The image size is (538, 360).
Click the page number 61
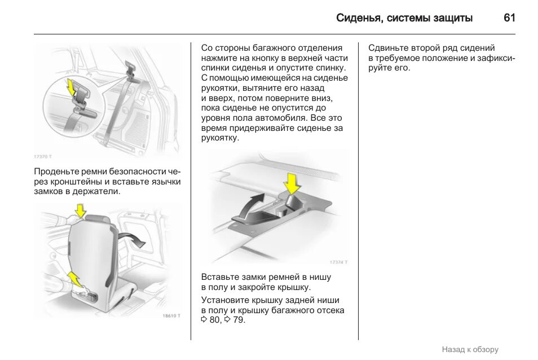(509, 18)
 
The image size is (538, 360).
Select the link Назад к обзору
(470, 349)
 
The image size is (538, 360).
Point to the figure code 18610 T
(171, 315)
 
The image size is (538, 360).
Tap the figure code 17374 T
(338, 262)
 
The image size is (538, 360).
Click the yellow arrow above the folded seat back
(81, 210)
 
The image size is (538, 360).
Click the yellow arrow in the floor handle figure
(292, 183)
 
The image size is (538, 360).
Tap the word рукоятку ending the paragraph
(220, 138)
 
